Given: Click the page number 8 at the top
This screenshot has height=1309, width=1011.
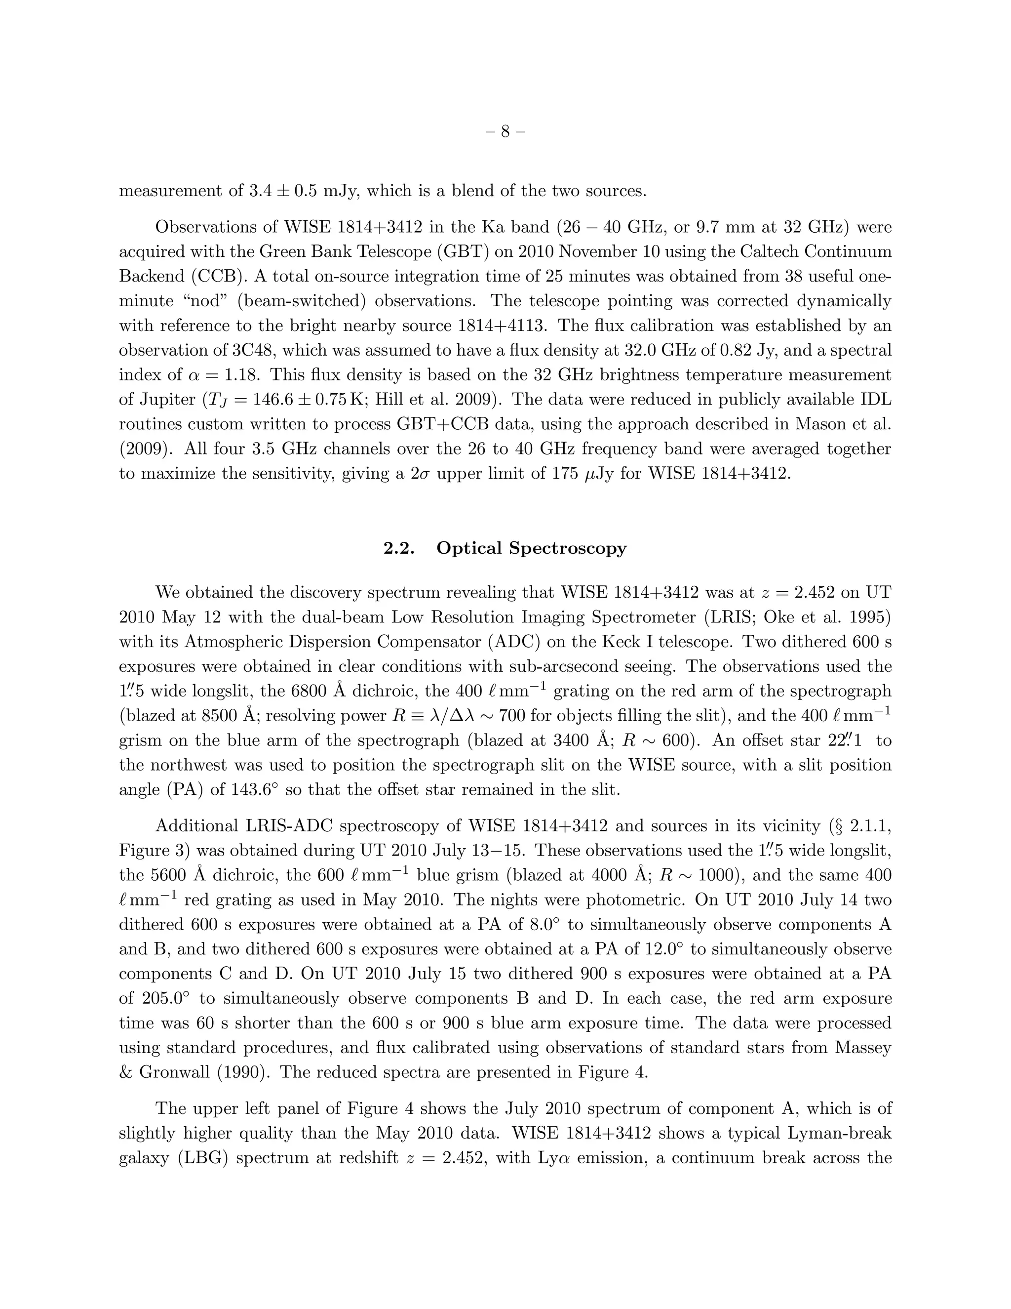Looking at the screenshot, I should click(x=505, y=131).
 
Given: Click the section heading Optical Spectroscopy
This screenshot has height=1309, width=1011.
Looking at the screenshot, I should click(x=531, y=548).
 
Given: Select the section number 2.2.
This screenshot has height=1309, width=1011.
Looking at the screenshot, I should click(x=399, y=548).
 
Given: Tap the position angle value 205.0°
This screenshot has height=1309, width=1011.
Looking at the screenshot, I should click(x=166, y=998).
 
